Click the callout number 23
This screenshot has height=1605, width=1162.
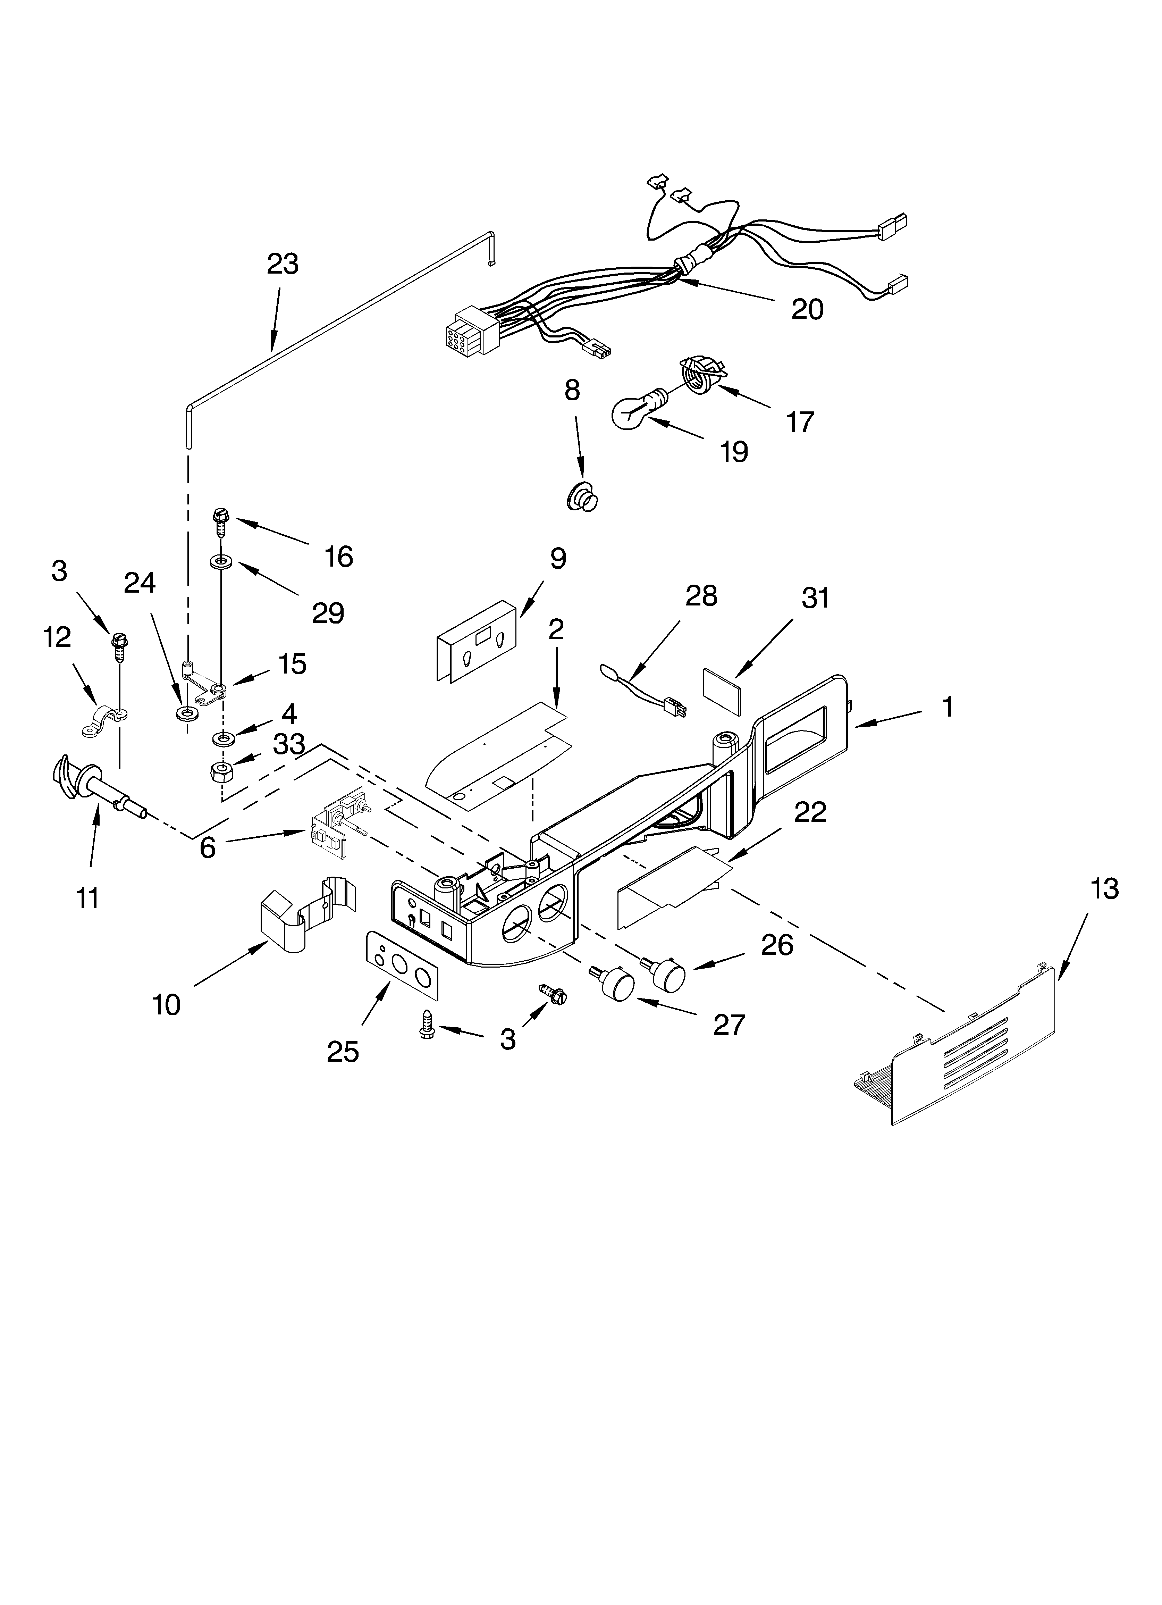tap(283, 264)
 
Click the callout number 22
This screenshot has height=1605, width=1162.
tap(810, 812)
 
